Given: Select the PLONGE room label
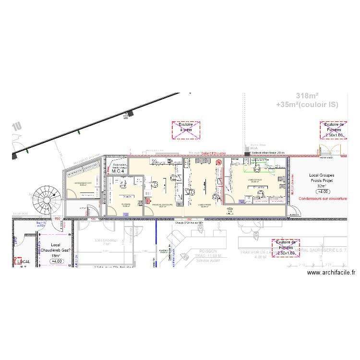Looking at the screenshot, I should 126,204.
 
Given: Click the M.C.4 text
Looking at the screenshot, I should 118,171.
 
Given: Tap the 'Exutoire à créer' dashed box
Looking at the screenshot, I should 186,130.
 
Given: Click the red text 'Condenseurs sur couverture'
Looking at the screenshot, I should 322,198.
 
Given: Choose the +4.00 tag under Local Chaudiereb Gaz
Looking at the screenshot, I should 57,261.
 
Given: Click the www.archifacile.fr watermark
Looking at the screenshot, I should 331,272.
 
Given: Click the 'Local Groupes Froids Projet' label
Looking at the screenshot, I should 322,178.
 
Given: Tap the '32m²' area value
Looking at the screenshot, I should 322,186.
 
